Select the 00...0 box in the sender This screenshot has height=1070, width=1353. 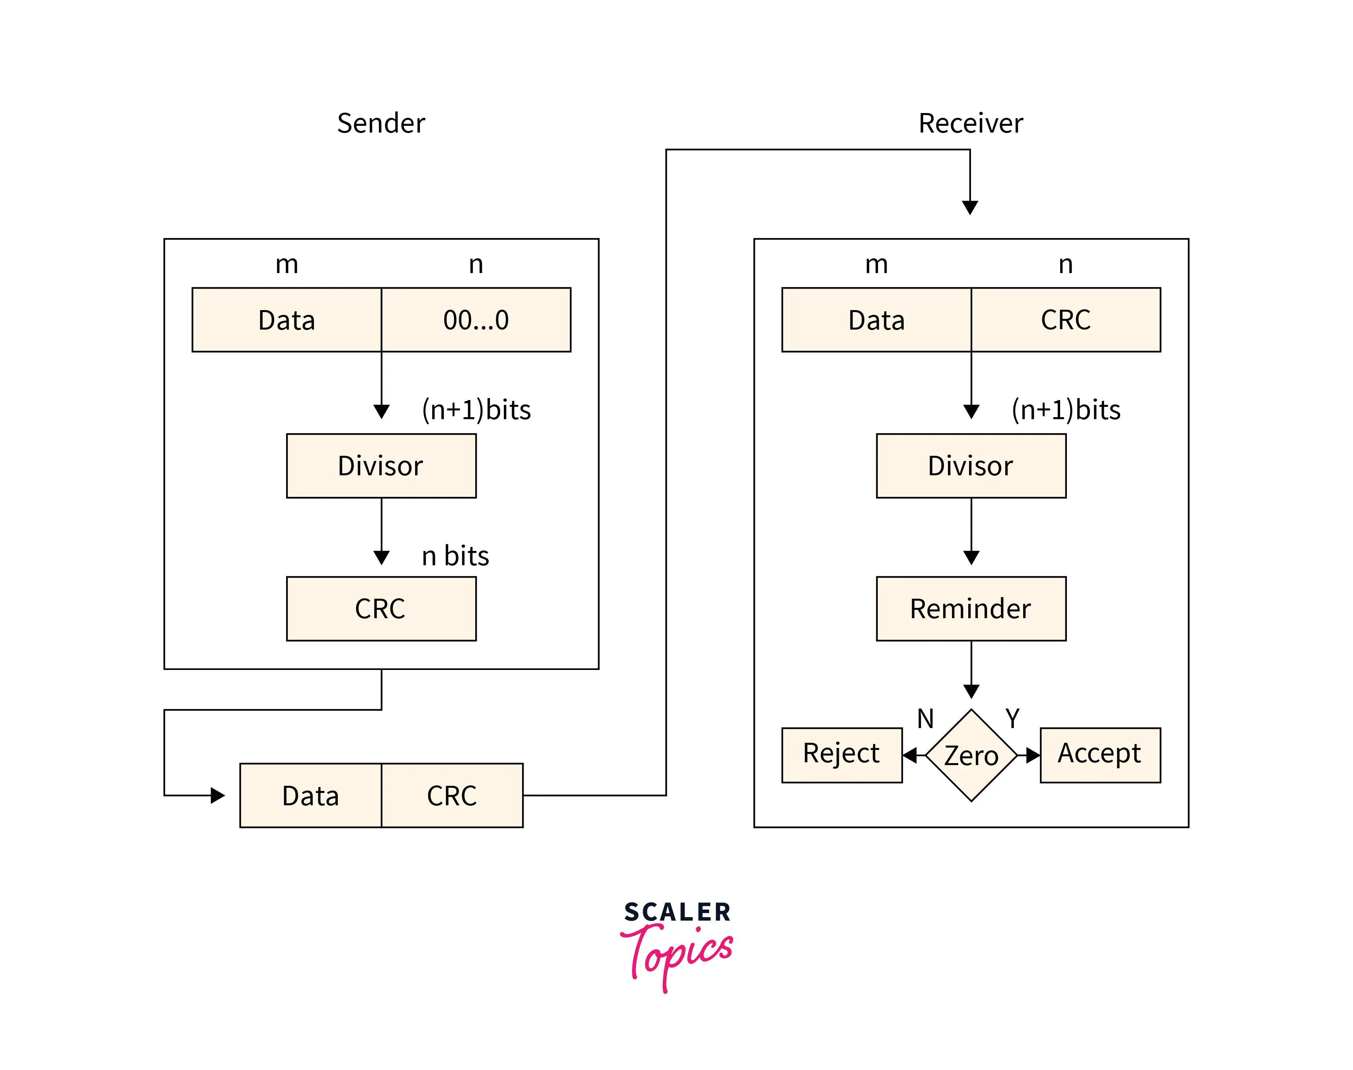coord(476,320)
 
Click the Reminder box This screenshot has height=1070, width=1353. coord(971,608)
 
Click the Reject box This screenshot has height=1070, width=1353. coord(842,755)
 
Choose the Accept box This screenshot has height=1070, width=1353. coord(1100,755)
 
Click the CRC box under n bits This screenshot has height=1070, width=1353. coord(381,608)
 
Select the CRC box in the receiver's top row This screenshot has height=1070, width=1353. coord(1065,320)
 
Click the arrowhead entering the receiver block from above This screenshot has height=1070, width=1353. coord(970,207)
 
